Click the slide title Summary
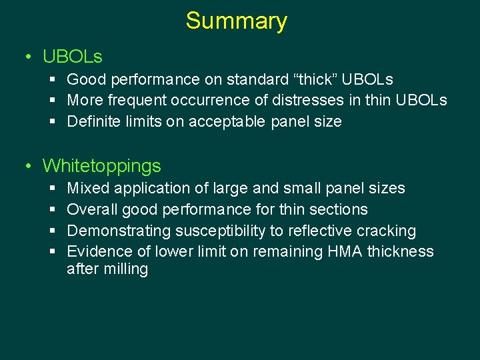point(236,21)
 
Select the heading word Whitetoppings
point(102,165)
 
